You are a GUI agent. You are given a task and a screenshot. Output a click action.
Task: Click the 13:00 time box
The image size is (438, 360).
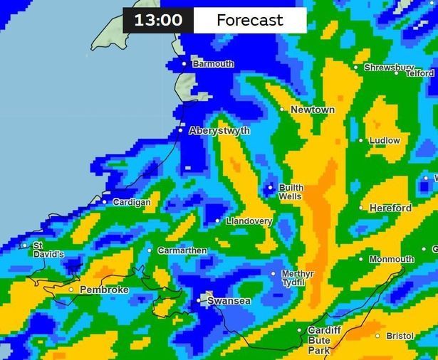click(158, 20)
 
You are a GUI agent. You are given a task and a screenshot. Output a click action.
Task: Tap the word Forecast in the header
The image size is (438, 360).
click(249, 20)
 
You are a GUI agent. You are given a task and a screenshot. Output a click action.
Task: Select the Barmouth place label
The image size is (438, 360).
click(213, 64)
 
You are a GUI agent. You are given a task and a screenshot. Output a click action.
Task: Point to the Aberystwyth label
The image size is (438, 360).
click(219, 131)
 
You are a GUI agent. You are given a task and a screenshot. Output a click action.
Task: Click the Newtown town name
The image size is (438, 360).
click(313, 110)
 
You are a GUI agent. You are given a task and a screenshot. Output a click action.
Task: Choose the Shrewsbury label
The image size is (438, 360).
click(384, 68)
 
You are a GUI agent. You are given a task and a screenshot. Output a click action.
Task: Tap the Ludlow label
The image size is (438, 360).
click(385, 141)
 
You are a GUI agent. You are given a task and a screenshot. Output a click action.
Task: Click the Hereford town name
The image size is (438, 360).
click(390, 208)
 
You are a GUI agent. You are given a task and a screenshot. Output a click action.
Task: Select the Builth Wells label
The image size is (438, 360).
click(291, 192)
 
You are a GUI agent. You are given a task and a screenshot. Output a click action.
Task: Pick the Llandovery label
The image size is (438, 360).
click(249, 222)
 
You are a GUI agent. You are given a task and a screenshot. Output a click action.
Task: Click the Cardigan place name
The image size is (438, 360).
click(132, 203)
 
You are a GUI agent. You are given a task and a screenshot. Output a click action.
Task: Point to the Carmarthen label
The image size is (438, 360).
click(182, 250)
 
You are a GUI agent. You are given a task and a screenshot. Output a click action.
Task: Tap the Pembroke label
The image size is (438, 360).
click(104, 290)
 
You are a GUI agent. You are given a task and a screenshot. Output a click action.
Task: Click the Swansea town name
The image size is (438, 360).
click(229, 302)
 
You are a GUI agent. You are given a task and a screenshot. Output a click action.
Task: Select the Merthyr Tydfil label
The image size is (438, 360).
click(293, 278)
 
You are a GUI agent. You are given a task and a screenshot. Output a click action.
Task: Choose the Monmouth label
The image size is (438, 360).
click(391, 260)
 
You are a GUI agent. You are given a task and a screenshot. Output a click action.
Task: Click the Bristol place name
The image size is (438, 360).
click(400, 336)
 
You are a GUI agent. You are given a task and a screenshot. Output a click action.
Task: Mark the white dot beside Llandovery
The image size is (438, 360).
click(218, 221)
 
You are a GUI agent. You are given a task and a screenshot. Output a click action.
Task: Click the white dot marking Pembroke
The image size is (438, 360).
click(71, 290)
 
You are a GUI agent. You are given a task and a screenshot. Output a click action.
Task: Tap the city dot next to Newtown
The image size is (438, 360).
click(282, 110)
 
